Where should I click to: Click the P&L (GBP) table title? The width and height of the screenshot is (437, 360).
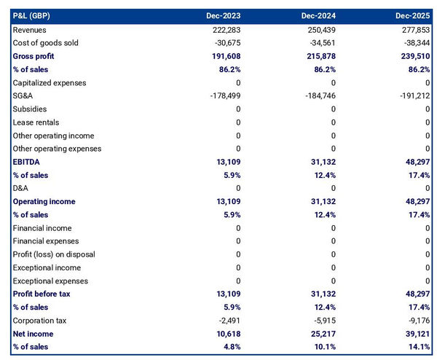coord(32,16)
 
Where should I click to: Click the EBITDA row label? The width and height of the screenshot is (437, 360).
coord(26,162)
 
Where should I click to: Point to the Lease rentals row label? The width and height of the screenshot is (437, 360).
coord(36,122)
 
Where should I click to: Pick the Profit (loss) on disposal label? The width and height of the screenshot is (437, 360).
coord(54,254)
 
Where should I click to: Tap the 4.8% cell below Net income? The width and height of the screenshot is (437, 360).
coord(229,347)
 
